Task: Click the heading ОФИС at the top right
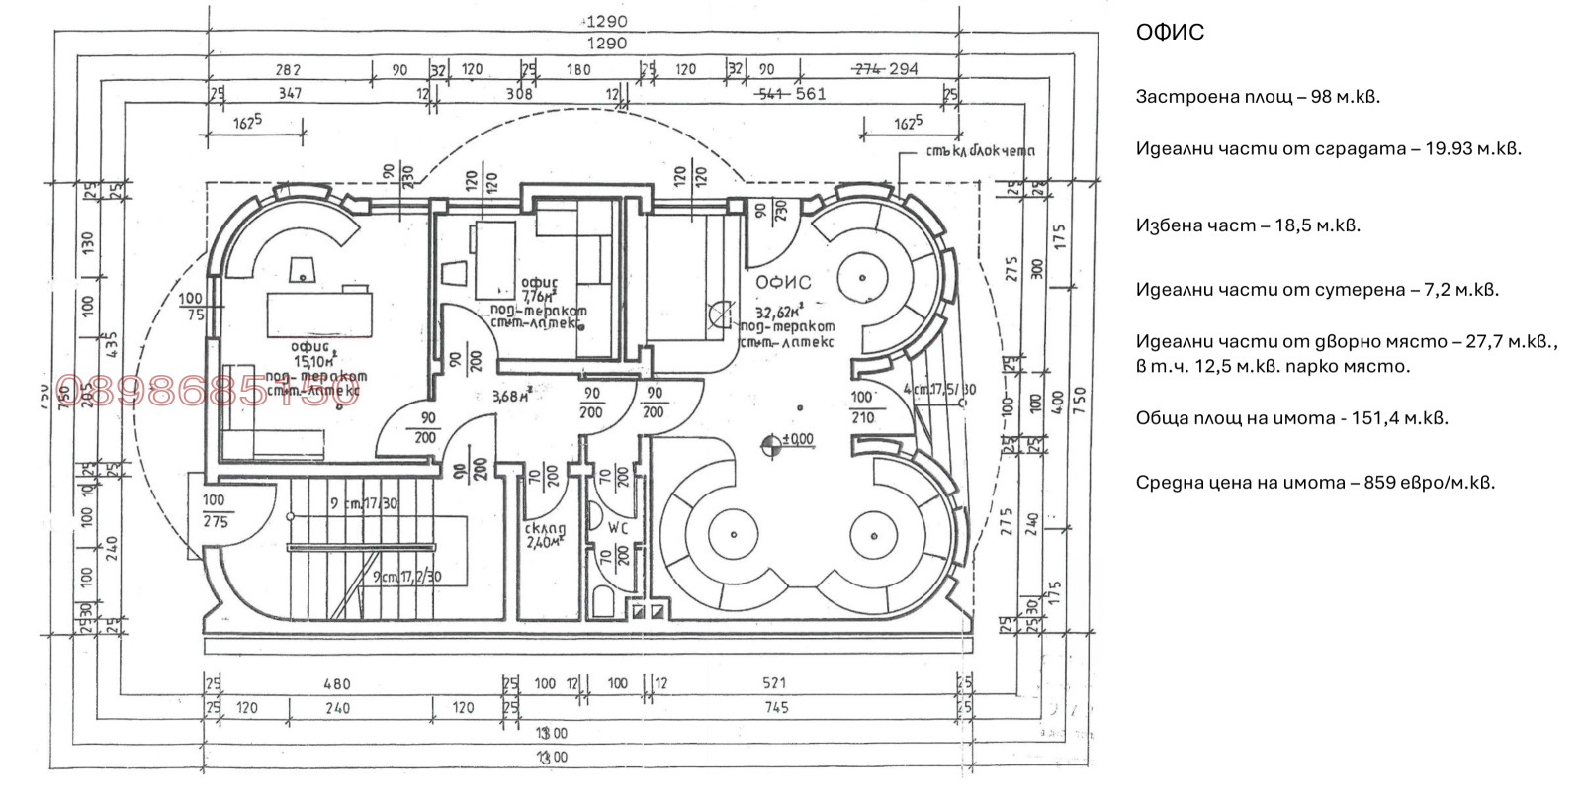click(x=1170, y=33)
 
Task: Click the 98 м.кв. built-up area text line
click(x=1257, y=97)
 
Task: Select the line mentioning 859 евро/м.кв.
click(x=1314, y=483)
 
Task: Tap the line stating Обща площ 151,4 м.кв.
click(x=1291, y=418)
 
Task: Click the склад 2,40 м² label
click(x=545, y=535)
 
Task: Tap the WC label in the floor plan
click(x=618, y=528)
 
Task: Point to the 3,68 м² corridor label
click(x=512, y=397)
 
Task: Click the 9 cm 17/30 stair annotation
click(x=364, y=503)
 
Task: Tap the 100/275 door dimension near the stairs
click(x=215, y=510)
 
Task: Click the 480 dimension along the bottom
click(x=337, y=683)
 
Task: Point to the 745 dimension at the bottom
click(x=776, y=707)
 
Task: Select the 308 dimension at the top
click(x=519, y=94)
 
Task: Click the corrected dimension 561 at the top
click(x=810, y=94)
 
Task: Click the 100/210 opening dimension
click(x=862, y=406)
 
